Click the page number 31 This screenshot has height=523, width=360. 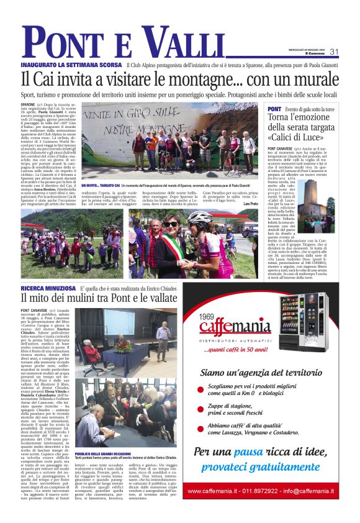(x=333, y=52)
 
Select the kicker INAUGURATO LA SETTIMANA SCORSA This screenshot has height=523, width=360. (x=71, y=65)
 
